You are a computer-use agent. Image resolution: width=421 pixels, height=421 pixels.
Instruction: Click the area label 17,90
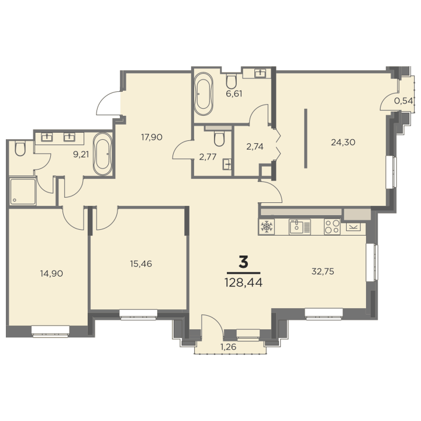tap(151, 137)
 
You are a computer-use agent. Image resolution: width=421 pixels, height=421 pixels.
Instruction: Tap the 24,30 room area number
tap(343, 142)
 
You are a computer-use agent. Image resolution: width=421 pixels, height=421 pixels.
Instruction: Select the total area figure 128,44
tap(243, 282)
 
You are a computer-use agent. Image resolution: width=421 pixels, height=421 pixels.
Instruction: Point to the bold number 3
tap(243, 262)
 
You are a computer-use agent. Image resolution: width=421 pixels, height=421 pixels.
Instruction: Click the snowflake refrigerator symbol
tap(267, 227)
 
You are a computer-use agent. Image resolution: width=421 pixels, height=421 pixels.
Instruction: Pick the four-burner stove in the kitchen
tap(332, 227)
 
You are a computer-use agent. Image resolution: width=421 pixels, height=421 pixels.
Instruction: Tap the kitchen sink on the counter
tap(299, 227)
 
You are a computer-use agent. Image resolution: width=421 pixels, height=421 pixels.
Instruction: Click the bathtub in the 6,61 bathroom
tap(203, 94)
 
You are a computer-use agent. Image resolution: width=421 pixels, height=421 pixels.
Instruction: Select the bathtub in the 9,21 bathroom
tap(102, 154)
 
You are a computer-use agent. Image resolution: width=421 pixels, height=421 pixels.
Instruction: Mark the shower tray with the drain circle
tap(23, 191)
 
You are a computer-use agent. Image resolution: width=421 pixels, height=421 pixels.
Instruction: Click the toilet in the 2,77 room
tap(219, 139)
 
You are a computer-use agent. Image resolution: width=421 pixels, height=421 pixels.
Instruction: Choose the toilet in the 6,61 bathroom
tap(231, 81)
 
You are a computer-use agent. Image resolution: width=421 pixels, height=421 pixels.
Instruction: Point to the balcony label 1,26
tap(228, 347)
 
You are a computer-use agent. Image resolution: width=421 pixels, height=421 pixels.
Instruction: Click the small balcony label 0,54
tap(403, 101)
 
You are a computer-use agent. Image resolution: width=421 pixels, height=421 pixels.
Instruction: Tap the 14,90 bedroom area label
tap(51, 274)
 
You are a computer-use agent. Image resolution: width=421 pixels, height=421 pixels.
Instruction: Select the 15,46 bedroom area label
tap(141, 264)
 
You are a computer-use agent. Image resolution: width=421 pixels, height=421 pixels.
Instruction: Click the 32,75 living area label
tap(323, 271)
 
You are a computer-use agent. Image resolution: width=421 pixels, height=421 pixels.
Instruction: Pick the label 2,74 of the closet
tap(255, 147)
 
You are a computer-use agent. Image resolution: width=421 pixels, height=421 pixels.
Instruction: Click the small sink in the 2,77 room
tap(227, 164)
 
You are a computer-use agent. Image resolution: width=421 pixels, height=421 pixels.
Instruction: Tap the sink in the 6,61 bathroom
tap(260, 73)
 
